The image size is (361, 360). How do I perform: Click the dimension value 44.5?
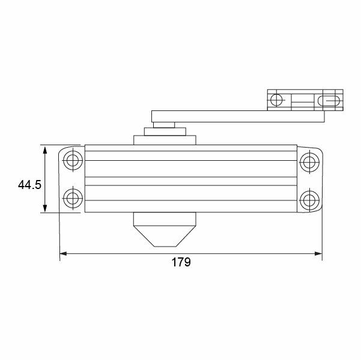click(x=29, y=185)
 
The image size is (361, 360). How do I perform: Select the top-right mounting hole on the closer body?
click(x=309, y=160)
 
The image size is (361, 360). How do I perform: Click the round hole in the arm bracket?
click(x=276, y=99)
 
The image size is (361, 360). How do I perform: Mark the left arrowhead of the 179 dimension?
click(x=64, y=254)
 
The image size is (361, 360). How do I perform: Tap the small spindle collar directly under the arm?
click(x=165, y=125)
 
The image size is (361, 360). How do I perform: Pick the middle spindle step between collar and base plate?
click(x=165, y=132)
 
